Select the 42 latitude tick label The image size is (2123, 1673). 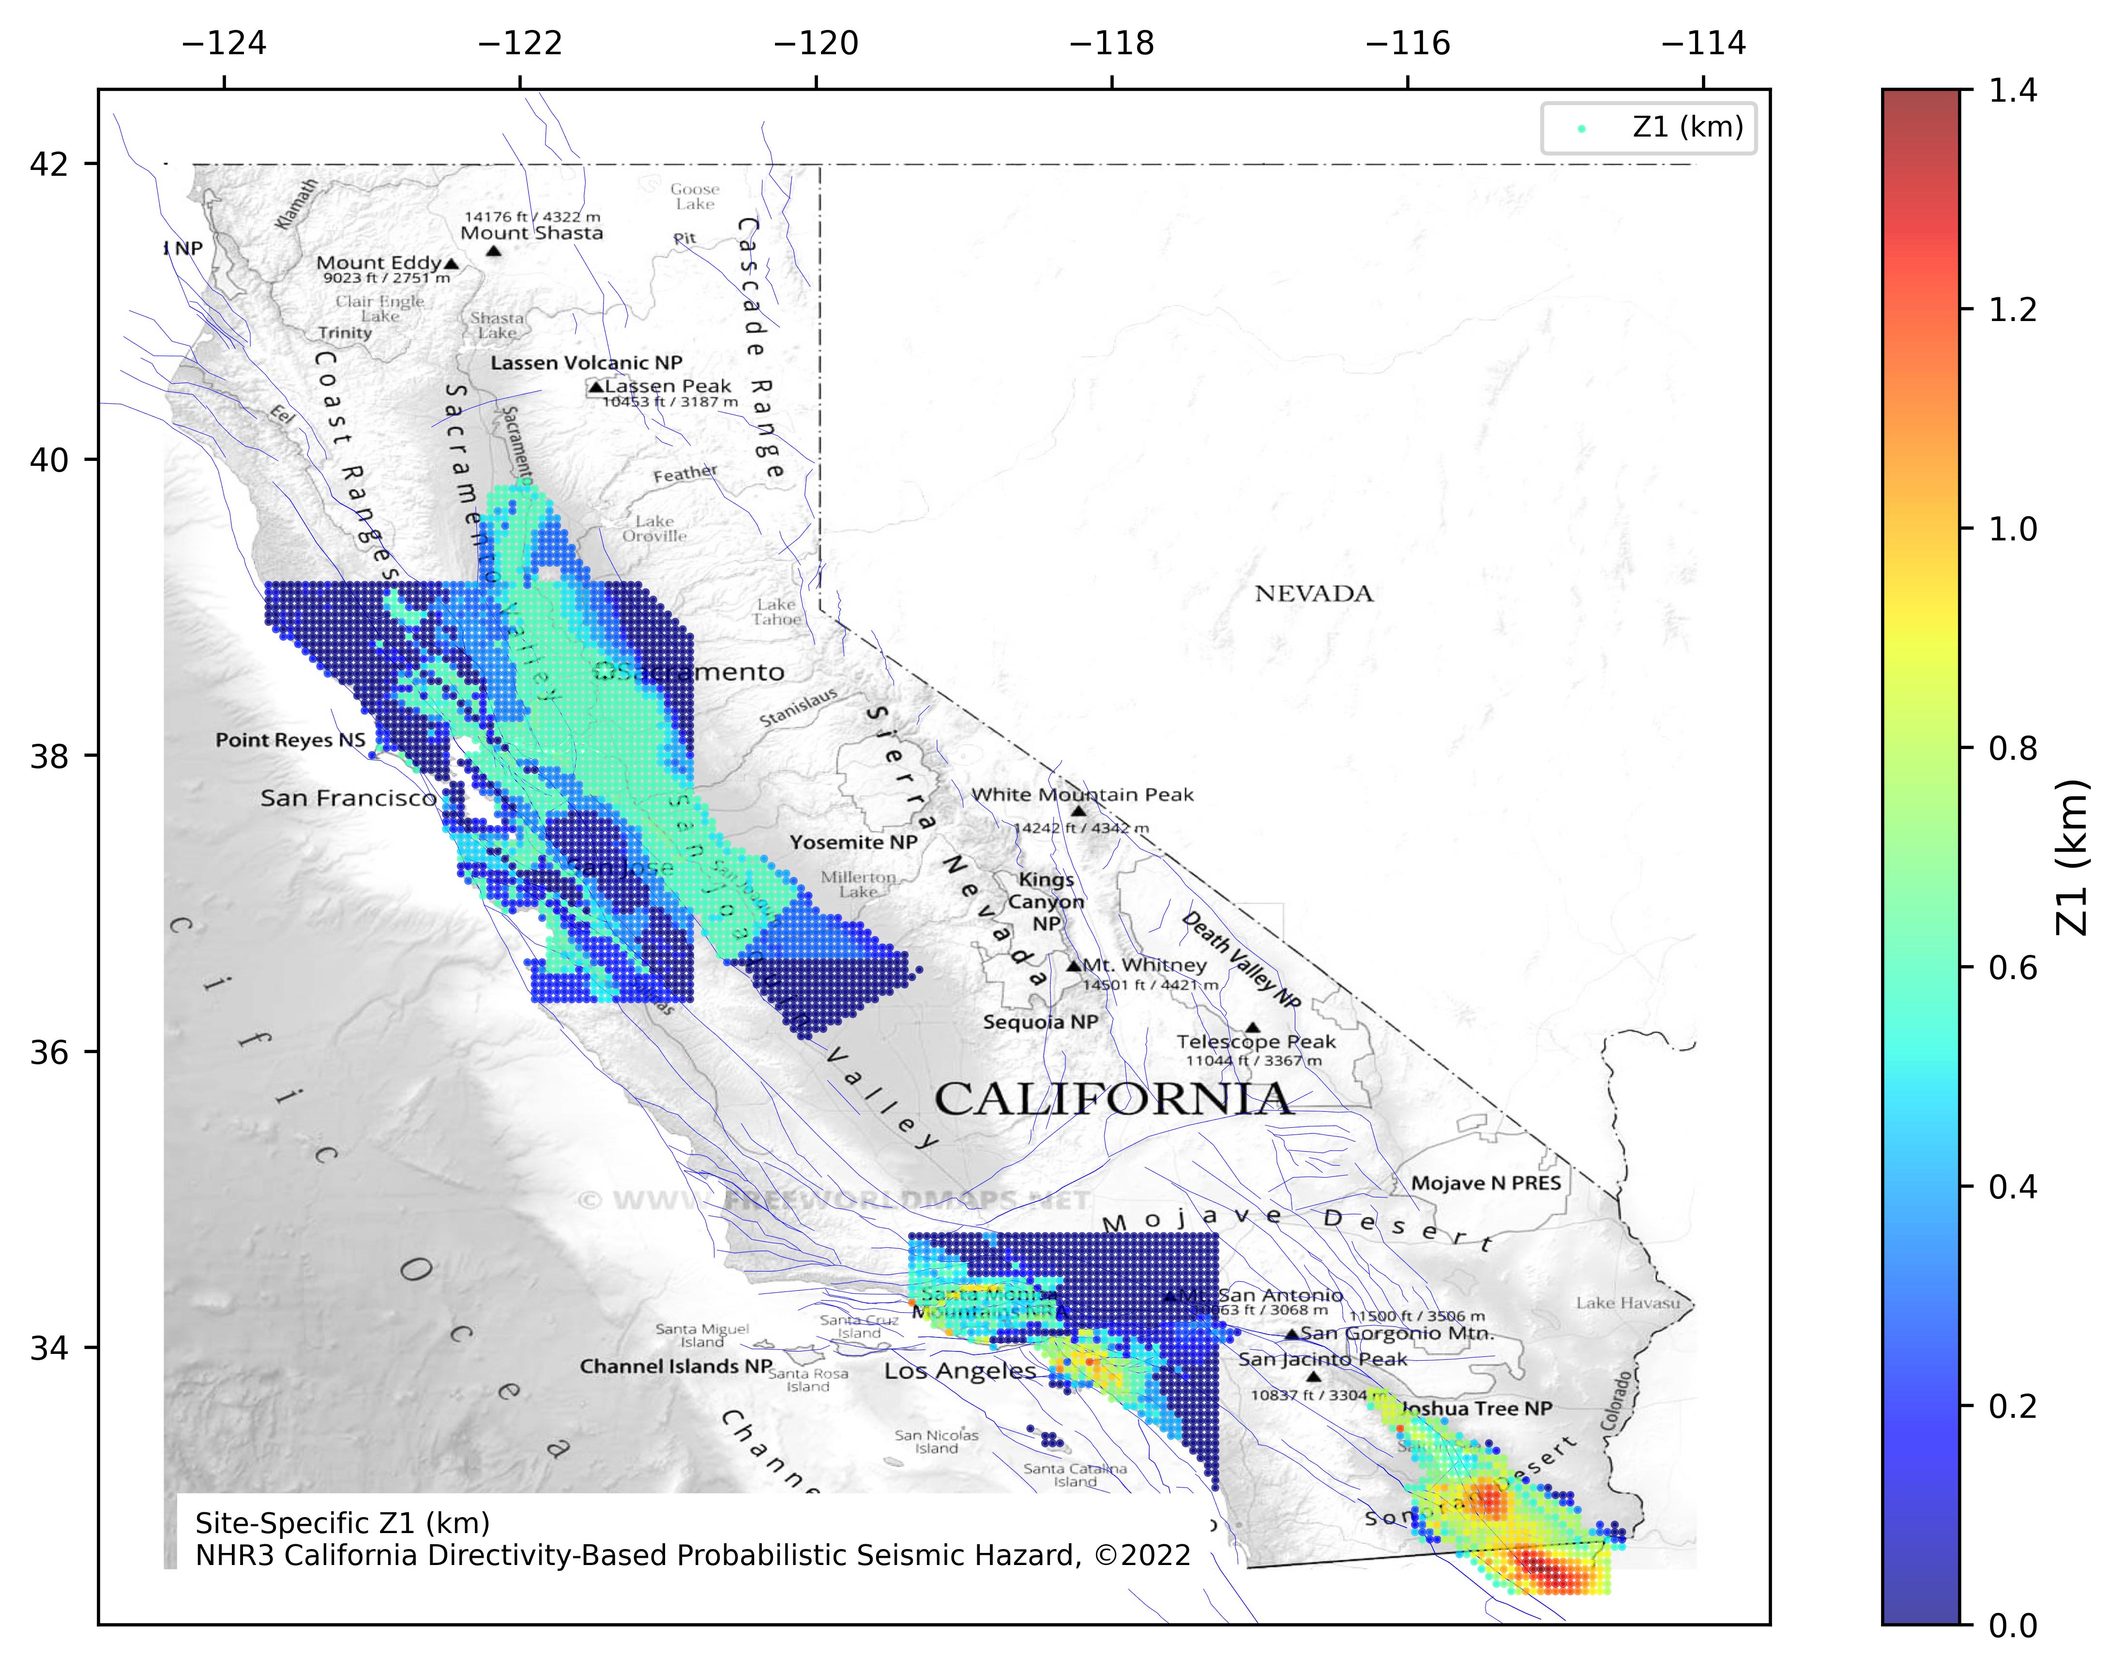[49, 164]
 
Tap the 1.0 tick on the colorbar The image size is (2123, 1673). [2012, 529]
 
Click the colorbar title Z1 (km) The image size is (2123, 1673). [2071, 857]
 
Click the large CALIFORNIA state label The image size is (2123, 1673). [1113, 1099]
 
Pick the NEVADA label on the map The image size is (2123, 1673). [1313, 594]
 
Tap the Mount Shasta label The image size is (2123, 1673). [532, 233]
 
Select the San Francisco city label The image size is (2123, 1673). [348, 798]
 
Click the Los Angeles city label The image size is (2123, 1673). [960, 1371]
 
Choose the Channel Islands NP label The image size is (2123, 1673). [676, 1366]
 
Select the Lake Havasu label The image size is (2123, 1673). [1627, 1303]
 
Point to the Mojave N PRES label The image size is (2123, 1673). [1486, 1183]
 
